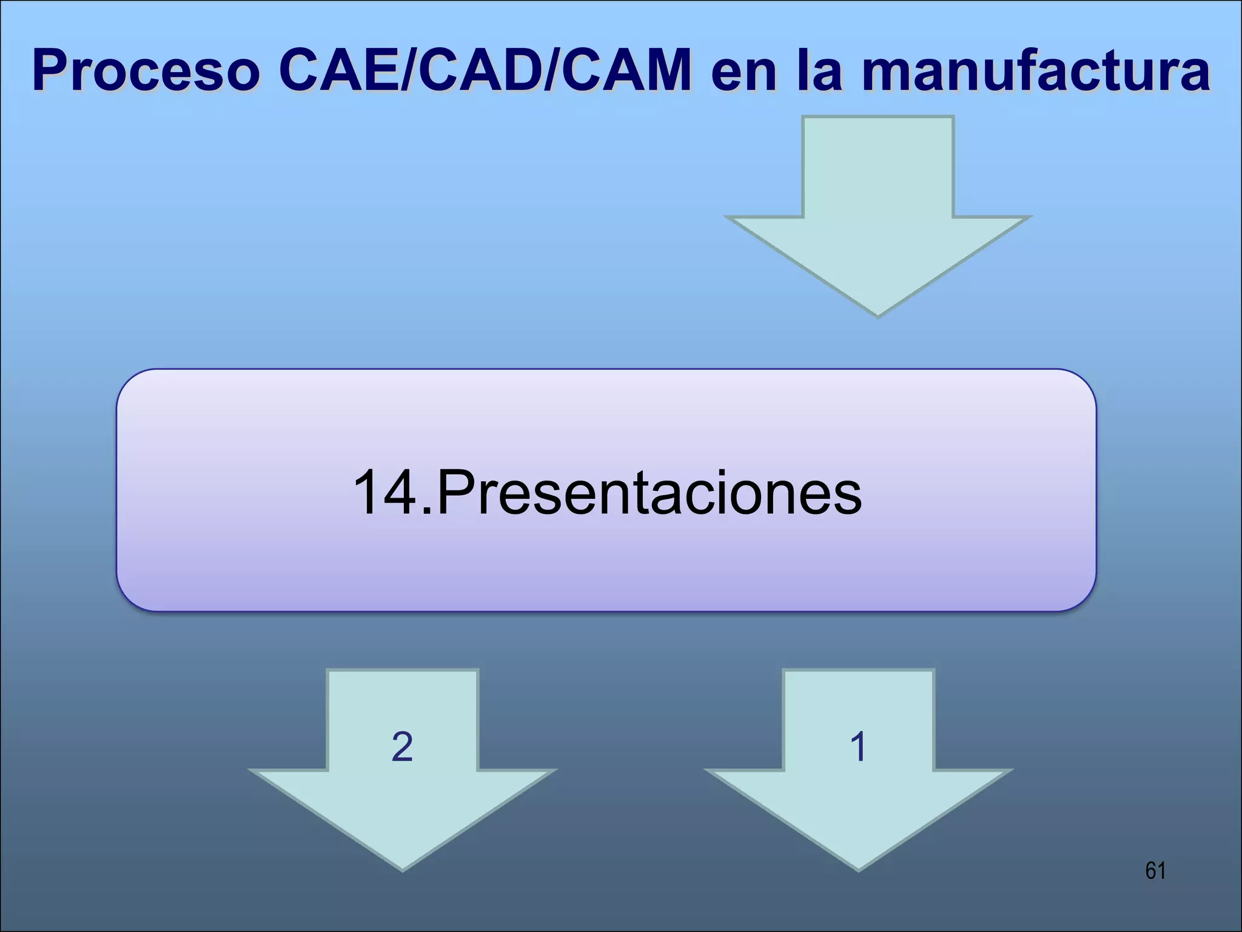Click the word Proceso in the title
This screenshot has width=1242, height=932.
click(x=146, y=72)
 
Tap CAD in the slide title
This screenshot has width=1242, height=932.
click(x=479, y=72)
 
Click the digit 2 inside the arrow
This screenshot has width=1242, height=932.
click(x=403, y=746)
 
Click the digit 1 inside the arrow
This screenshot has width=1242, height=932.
click(x=858, y=746)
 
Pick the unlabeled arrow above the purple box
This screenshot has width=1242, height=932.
click(x=878, y=206)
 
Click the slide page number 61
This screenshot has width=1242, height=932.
click(x=1155, y=871)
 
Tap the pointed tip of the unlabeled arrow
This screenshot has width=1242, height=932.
click(x=878, y=312)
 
